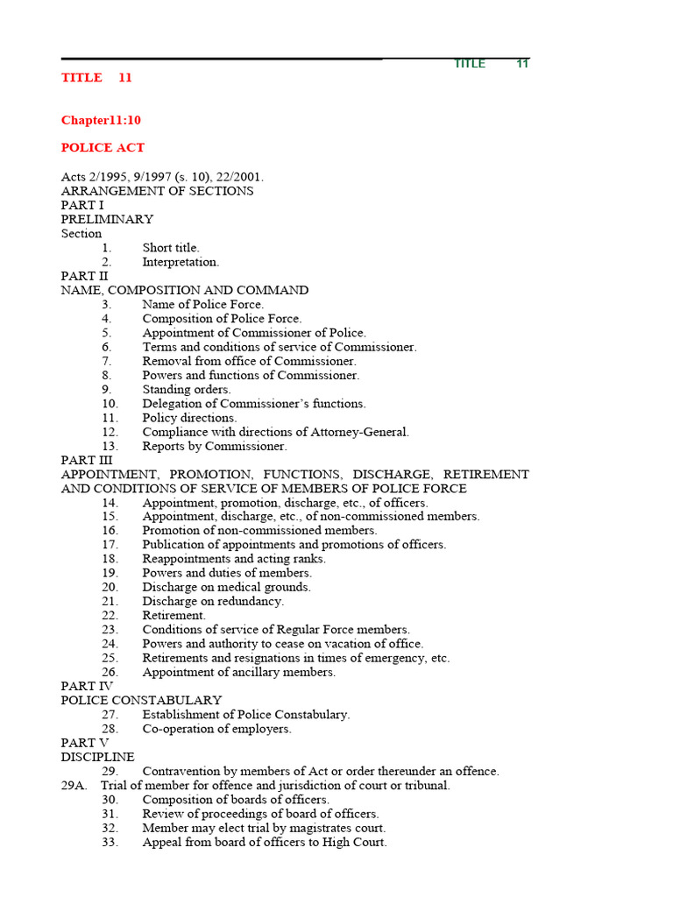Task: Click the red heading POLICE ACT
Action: coord(103,148)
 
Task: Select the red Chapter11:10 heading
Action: coord(101,120)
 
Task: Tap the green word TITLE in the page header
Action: coord(469,64)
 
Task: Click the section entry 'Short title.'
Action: coord(171,248)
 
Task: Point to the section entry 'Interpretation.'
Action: coord(181,262)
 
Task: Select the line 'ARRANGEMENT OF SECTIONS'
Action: coord(157,191)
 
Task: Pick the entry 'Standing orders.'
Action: coord(187,390)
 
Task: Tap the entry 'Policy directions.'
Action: coord(189,418)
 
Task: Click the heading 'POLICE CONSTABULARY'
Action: coord(141,701)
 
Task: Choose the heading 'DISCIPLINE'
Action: coord(97,757)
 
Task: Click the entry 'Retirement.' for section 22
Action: coord(174,616)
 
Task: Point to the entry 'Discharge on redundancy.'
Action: coord(213,602)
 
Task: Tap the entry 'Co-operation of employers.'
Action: coord(216,729)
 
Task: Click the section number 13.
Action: coord(110,446)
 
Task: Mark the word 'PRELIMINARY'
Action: coord(107,219)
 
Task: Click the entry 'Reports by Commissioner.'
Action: coord(215,446)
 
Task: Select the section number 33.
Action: coord(110,842)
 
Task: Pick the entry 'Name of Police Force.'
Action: coord(202,305)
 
